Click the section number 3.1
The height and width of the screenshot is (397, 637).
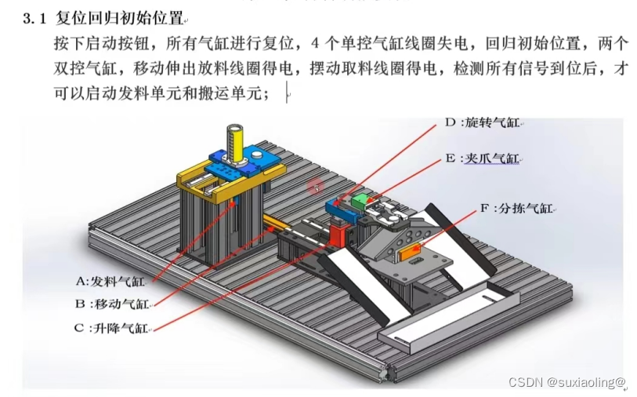(35, 19)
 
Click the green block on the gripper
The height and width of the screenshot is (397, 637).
(362, 201)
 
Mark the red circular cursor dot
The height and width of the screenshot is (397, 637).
(316, 186)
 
